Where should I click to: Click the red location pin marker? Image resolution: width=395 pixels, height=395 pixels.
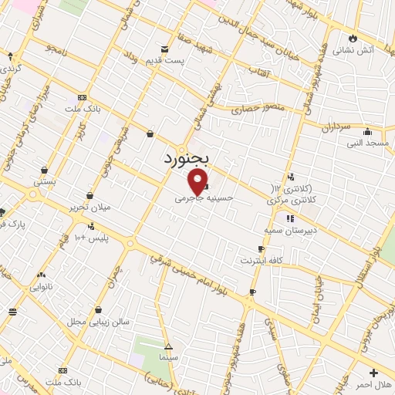pyautogui.click(x=198, y=183)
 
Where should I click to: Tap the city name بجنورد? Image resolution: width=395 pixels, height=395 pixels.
pyautogui.click(x=191, y=157)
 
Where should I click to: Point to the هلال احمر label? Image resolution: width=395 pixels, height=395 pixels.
pyautogui.click(x=373, y=383)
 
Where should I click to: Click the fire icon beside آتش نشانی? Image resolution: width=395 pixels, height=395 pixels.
pyautogui.click(x=353, y=38)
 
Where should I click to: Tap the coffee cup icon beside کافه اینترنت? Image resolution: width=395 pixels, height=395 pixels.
pyautogui.click(x=261, y=248)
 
